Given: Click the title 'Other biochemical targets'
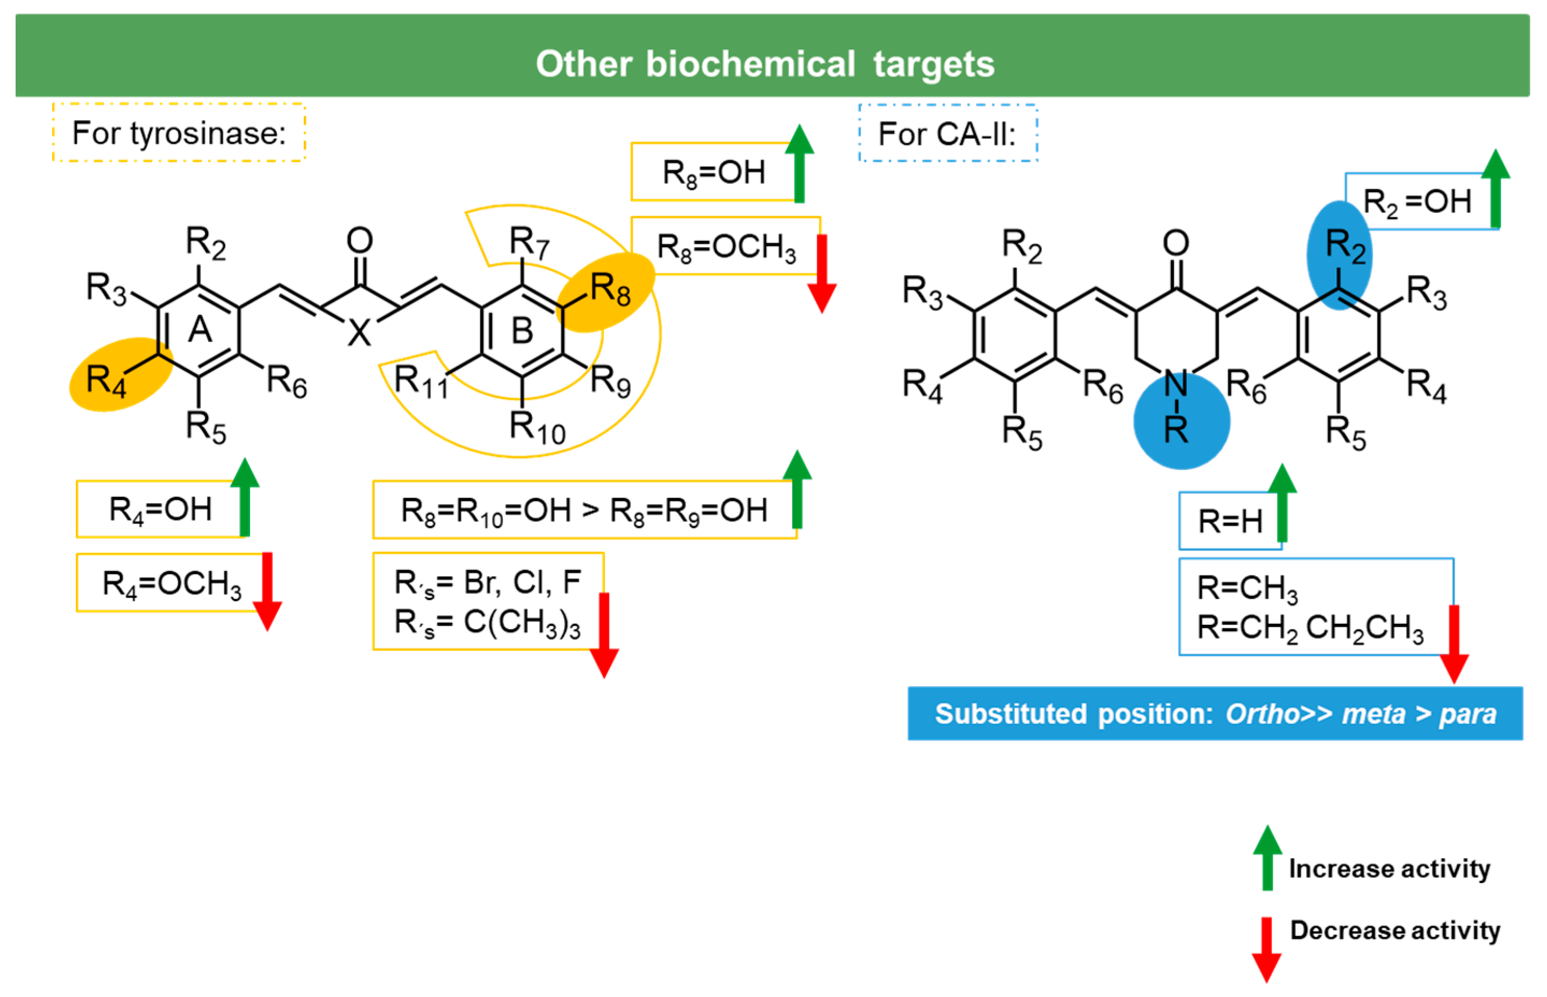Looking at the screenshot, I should (765, 64).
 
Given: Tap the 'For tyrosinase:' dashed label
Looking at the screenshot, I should (179, 133).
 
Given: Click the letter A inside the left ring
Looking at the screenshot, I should (200, 330).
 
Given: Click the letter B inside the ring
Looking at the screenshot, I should (522, 331).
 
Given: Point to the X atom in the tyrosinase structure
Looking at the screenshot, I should (359, 333).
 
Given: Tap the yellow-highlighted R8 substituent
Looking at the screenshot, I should (609, 289).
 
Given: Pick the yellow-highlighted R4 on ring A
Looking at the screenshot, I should (107, 379).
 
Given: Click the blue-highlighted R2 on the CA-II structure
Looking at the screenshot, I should (1344, 247).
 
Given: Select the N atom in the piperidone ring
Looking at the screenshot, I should (1175, 384).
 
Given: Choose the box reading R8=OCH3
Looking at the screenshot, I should (725, 247).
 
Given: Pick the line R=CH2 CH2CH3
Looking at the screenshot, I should (1309, 628).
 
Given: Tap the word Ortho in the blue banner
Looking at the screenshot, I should (1261, 714).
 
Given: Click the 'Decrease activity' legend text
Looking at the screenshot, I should (1394, 930).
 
